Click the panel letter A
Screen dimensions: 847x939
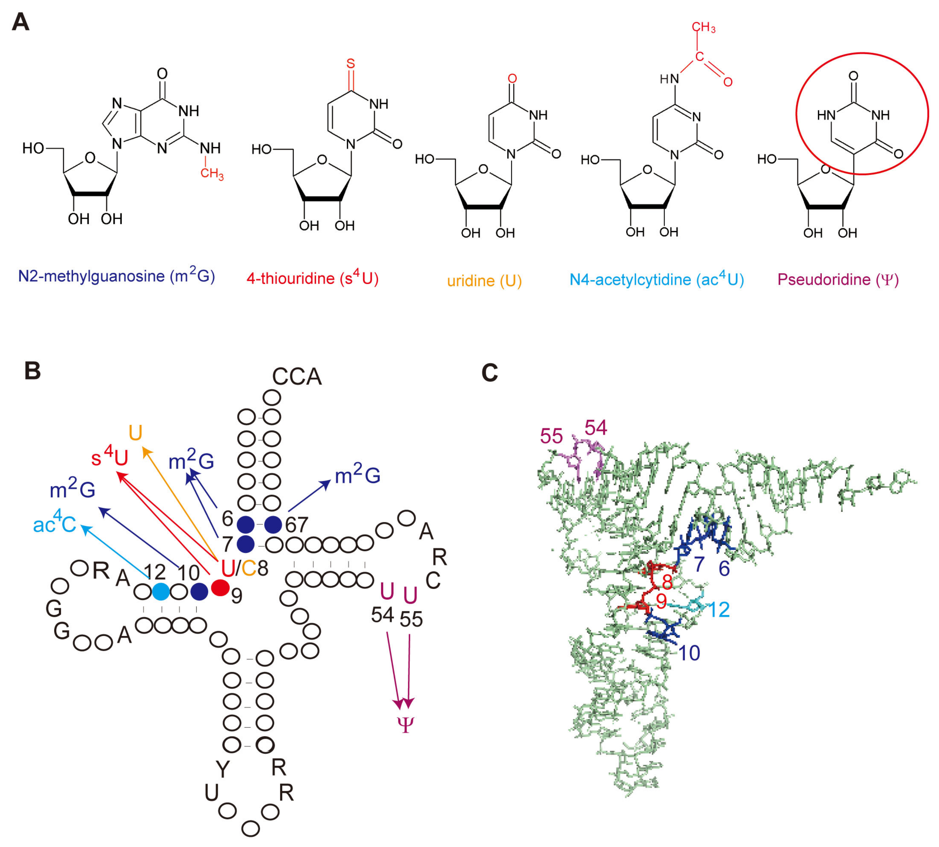20,22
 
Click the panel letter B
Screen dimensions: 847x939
32,371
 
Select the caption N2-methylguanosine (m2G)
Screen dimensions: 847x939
116,276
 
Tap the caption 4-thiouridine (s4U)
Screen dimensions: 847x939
312,278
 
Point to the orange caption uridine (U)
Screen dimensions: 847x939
484,281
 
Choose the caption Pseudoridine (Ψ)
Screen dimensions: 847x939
838,279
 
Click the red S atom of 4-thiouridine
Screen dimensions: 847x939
350,64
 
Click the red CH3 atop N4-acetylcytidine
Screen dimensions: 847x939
703,28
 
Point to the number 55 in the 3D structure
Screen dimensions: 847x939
551,436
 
